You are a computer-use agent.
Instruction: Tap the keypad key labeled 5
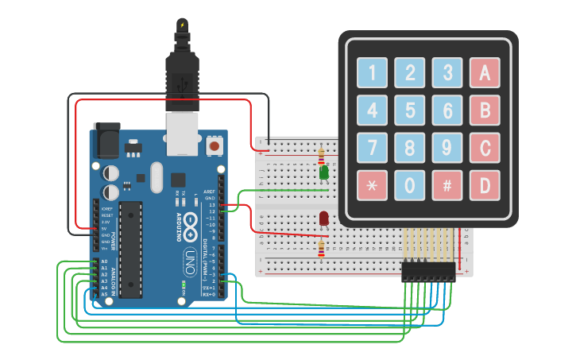[410, 110]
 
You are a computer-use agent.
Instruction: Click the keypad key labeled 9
[447, 147]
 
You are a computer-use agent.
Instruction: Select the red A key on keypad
[485, 73]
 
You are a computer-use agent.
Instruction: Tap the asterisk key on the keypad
[372, 185]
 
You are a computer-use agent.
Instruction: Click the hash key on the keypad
[447, 185]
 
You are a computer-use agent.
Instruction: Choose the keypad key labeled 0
[410, 185]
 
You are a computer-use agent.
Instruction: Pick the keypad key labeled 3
[447, 73]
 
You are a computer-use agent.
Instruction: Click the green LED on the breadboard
[324, 172]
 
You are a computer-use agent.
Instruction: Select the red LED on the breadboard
[324, 219]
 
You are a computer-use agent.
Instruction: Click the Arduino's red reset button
[214, 146]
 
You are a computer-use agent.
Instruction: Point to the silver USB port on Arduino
[182, 133]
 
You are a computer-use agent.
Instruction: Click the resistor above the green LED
[321, 154]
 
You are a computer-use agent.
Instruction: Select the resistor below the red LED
[321, 250]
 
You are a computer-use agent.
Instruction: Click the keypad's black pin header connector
[428, 271]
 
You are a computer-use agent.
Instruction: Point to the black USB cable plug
[181, 79]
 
